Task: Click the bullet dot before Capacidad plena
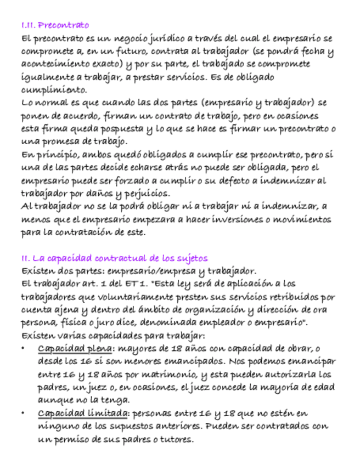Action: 22,349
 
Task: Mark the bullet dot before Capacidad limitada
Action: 22,414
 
